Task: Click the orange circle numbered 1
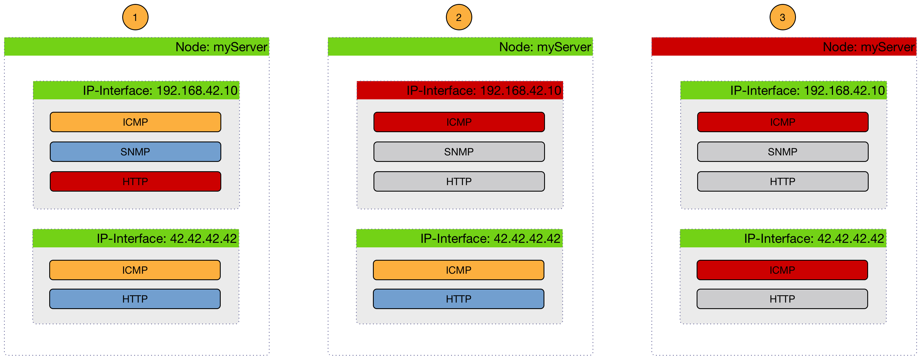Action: (x=135, y=17)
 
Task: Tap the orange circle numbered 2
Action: (x=459, y=17)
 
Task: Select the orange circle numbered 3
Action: (x=782, y=17)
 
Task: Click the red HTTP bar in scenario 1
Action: (x=135, y=181)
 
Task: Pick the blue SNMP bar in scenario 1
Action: (x=135, y=152)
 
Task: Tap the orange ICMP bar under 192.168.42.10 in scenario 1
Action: (x=135, y=122)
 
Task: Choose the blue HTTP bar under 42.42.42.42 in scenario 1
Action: (x=135, y=299)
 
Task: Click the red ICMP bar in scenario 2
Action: (x=459, y=122)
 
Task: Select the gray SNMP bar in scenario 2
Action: (x=459, y=152)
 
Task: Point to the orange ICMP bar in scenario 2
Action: (x=458, y=270)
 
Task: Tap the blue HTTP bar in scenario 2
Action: (x=458, y=299)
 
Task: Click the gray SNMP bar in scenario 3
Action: (x=782, y=152)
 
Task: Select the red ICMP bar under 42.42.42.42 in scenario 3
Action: (x=782, y=270)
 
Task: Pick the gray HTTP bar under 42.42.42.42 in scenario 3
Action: (x=782, y=299)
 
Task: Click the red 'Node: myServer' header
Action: (x=784, y=47)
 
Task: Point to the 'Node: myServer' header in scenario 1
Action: (x=137, y=47)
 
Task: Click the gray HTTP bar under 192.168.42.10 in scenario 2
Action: (x=459, y=181)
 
